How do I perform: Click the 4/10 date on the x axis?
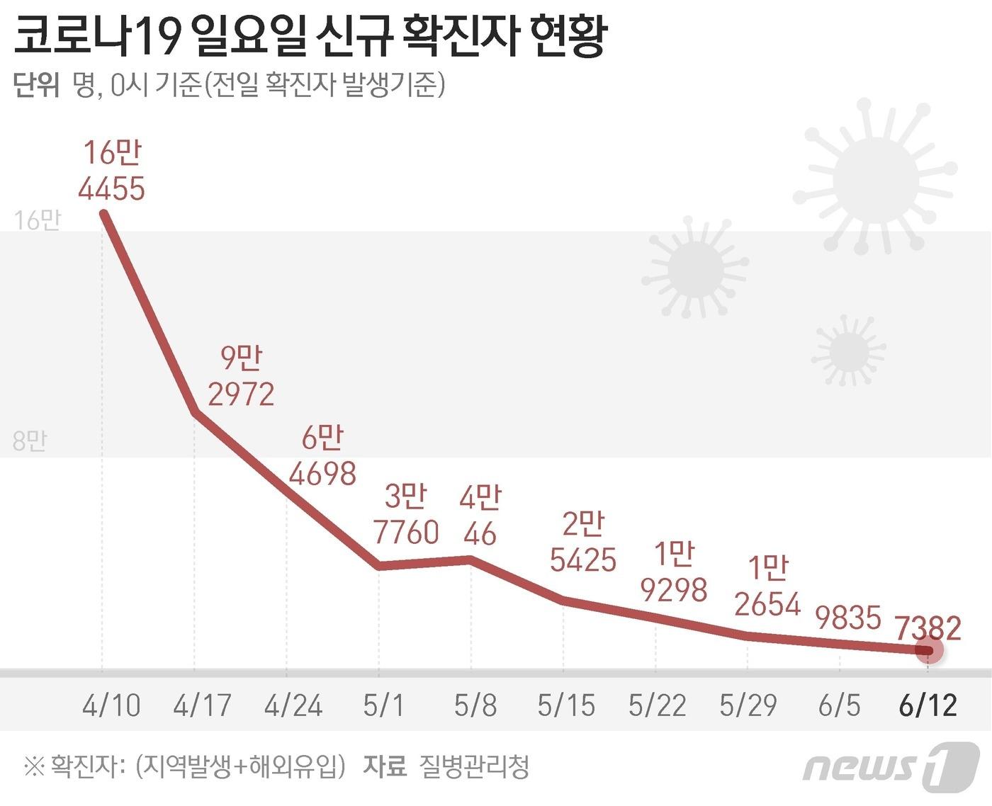111,705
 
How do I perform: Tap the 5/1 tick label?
383,705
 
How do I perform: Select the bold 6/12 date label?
928,705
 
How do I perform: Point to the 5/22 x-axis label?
657,705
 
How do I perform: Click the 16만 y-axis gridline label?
37,220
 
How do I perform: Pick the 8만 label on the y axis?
30,441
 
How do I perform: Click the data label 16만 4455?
112,171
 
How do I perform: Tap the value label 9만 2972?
241,376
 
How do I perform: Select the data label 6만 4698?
322,456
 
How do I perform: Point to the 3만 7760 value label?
406,515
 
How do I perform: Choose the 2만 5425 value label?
583,543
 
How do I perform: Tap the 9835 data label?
848,618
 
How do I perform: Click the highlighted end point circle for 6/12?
929,650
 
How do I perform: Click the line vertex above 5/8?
471,560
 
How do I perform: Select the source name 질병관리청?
474,766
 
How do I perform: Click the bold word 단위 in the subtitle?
36,86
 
